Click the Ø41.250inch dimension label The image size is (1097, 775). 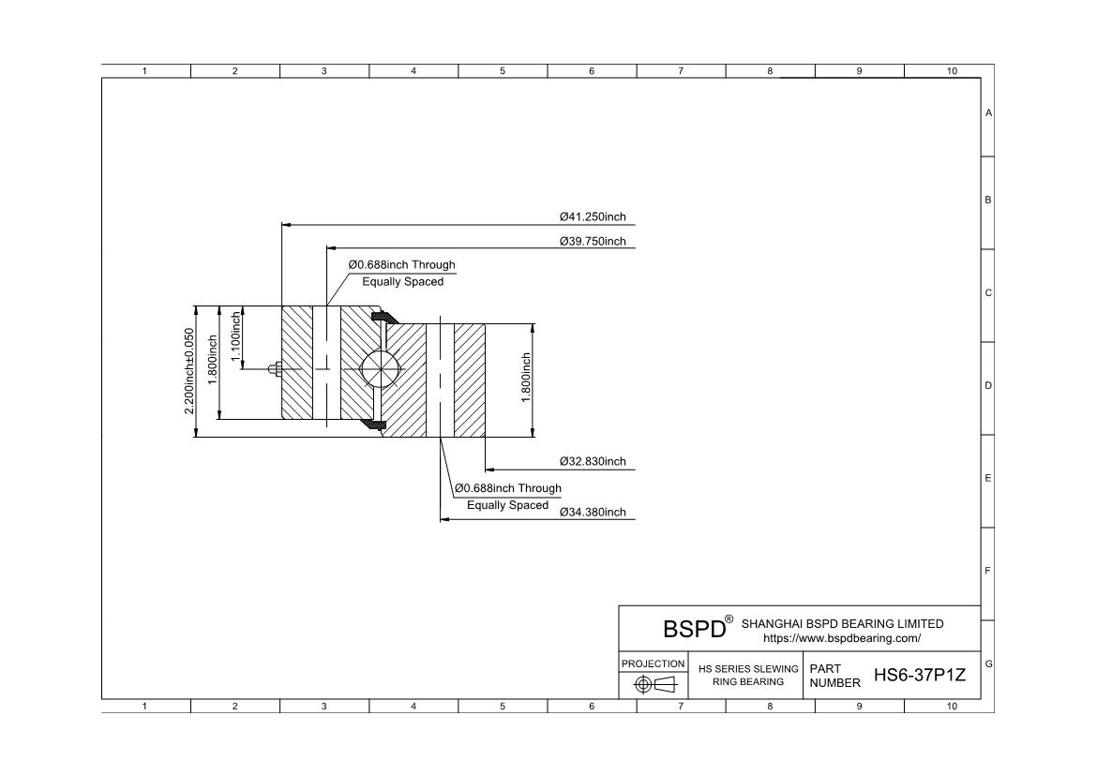pyautogui.click(x=593, y=216)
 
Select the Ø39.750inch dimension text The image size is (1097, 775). pyautogui.click(x=593, y=242)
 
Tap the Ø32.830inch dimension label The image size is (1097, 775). pyautogui.click(x=593, y=462)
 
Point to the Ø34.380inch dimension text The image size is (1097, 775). pyautogui.click(x=593, y=512)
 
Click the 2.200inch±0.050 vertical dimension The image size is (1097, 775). pyautogui.click(x=188, y=371)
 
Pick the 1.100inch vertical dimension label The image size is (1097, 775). pyautogui.click(x=235, y=336)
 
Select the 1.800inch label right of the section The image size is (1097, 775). pyautogui.click(x=526, y=378)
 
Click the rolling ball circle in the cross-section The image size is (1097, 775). pyautogui.click(x=380, y=366)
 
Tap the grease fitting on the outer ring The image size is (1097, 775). pyautogui.click(x=275, y=368)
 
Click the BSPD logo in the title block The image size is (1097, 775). pyautogui.click(x=694, y=629)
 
